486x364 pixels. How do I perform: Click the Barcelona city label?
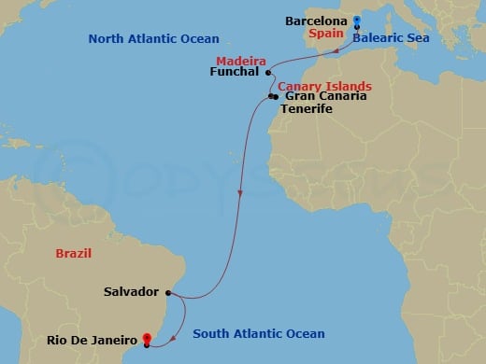317,21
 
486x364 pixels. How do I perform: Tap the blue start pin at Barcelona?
356,21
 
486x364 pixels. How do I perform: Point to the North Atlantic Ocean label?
153,38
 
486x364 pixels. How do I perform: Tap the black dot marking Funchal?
268,72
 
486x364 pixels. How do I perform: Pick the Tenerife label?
309,109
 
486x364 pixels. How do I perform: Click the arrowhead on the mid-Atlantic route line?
241,195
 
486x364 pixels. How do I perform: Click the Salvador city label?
131,292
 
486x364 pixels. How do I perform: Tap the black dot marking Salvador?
167,292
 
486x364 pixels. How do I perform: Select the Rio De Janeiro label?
92,340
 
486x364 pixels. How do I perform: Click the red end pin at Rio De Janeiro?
147,339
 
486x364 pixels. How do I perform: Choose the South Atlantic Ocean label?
259,334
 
